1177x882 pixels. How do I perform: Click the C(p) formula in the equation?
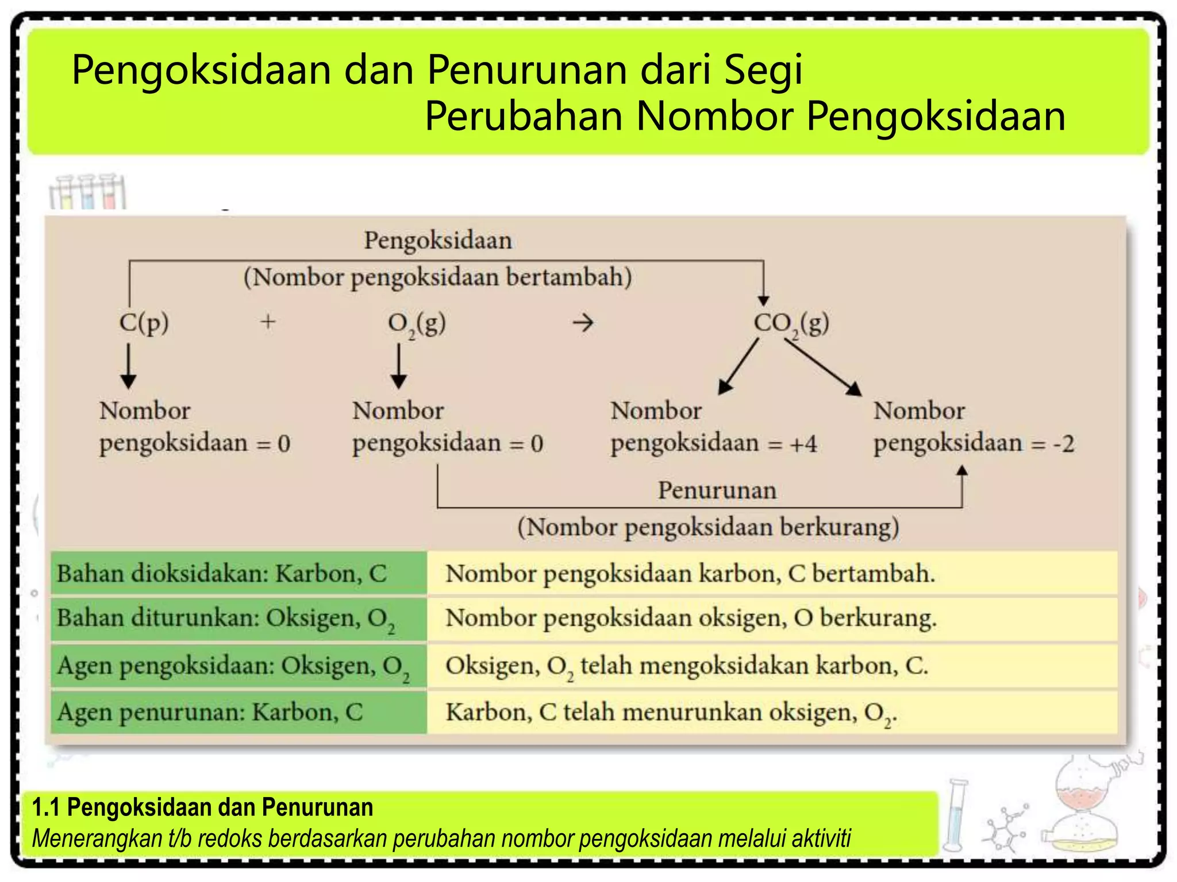(x=144, y=323)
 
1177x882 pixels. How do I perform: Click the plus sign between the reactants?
(x=268, y=322)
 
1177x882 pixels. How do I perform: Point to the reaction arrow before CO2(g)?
(x=583, y=323)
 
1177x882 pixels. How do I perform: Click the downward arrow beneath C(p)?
(x=128, y=366)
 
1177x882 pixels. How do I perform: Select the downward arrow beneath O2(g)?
(x=399, y=366)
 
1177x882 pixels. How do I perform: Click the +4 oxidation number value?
(x=803, y=444)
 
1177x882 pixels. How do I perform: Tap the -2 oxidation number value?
(x=1063, y=444)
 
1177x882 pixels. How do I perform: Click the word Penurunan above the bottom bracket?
(x=717, y=490)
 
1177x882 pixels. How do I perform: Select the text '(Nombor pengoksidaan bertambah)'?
(x=437, y=277)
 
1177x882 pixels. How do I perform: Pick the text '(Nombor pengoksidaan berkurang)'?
(x=708, y=527)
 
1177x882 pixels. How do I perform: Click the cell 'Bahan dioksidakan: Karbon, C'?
(x=239, y=573)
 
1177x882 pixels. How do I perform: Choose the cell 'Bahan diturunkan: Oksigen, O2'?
(x=239, y=619)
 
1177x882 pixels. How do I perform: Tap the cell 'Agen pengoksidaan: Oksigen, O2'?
(x=239, y=666)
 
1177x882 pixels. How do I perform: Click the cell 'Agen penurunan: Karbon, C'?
(x=239, y=712)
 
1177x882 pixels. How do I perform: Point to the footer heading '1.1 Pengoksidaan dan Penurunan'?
(x=202, y=807)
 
